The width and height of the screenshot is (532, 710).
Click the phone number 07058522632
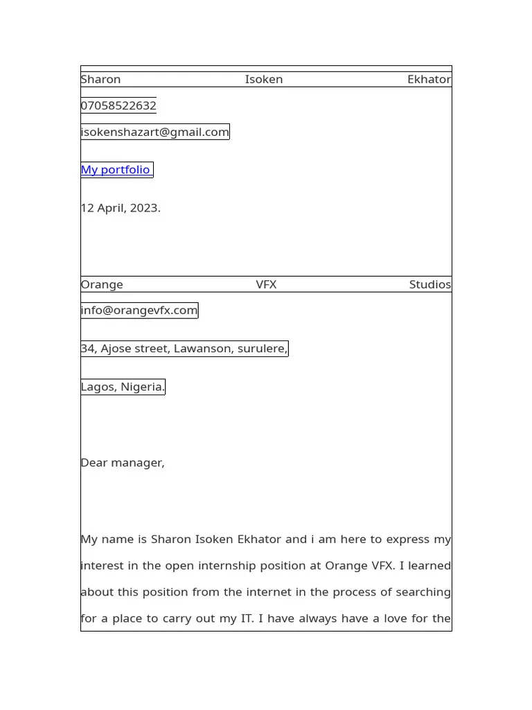118,106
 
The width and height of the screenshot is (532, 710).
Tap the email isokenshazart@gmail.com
154,132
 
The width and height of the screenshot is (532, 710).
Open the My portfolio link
116,170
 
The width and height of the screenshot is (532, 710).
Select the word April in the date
109,208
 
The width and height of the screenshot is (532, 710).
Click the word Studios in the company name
429,284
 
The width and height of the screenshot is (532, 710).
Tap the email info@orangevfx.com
139,310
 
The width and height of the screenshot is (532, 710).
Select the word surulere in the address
262,348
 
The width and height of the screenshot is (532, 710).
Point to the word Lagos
98,387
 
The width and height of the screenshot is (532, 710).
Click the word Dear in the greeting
94,462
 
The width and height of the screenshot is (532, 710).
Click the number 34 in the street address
88,348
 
